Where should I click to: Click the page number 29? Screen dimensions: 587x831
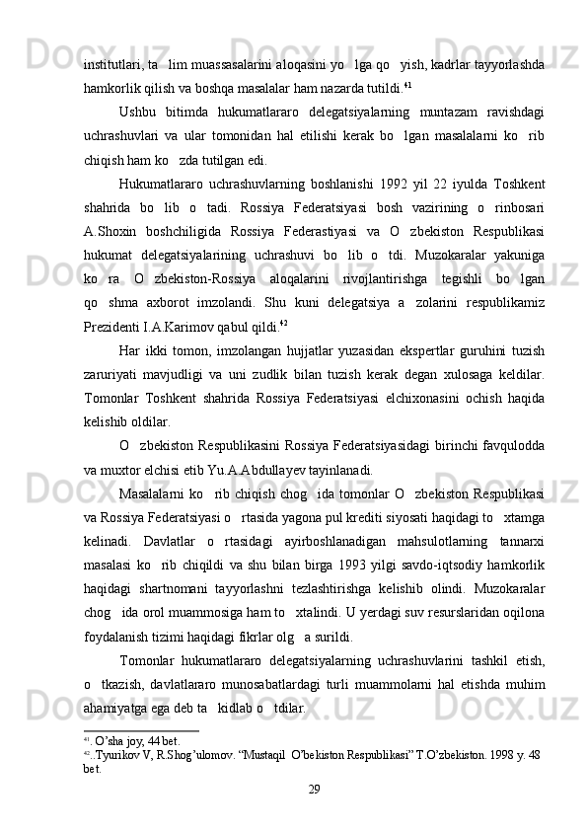click(x=313, y=788)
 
